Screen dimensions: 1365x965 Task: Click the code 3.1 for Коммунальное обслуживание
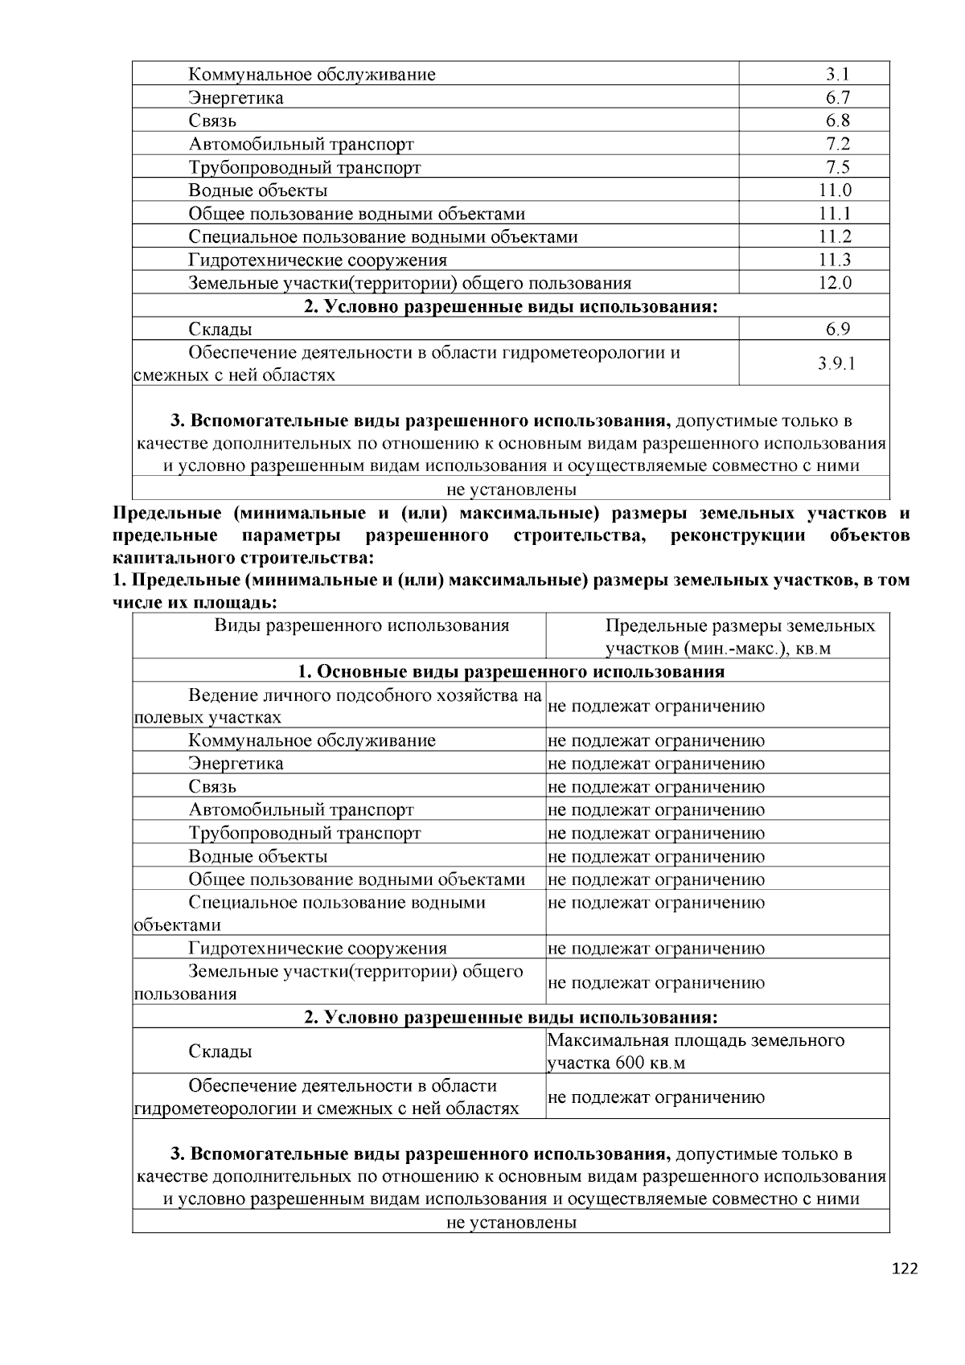point(836,75)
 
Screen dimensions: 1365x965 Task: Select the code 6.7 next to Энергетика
point(836,98)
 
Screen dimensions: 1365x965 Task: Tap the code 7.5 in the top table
point(836,167)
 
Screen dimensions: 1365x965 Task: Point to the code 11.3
point(836,260)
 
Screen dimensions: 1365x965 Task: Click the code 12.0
point(836,283)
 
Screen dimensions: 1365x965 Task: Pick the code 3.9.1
point(836,363)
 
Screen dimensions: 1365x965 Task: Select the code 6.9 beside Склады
point(836,329)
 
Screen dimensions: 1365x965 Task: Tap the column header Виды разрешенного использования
point(362,625)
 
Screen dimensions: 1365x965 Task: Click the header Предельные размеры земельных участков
point(740,637)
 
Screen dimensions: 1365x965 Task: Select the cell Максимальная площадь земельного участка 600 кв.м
point(696,1051)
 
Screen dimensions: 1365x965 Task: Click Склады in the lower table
point(220,1051)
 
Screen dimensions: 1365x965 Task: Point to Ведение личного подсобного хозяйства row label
point(338,706)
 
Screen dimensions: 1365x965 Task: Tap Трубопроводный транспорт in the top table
point(305,167)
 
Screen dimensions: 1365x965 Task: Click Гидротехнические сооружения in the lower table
point(318,949)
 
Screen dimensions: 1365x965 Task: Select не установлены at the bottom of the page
point(511,1223)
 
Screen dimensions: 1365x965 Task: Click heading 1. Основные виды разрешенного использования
point(511,671)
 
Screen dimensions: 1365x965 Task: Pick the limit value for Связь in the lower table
point(656,787)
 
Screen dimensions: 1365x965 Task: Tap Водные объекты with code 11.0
point(258,191)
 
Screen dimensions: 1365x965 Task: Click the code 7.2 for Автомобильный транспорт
point(836,145)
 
